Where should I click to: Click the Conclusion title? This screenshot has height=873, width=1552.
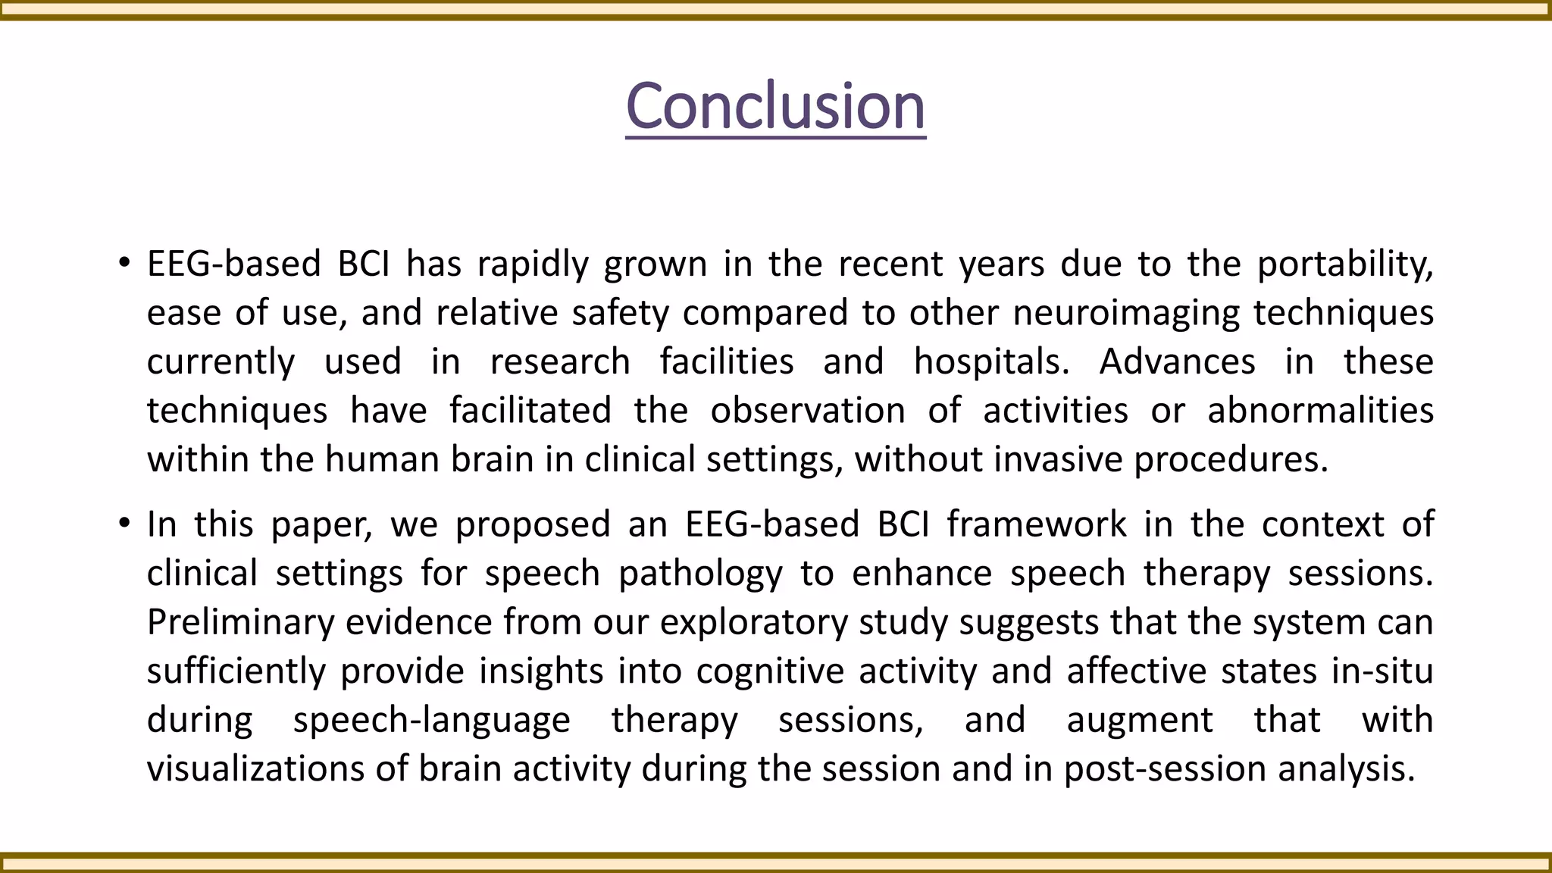pos(775,106)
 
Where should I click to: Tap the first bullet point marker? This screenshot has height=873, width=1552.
pos(124,264)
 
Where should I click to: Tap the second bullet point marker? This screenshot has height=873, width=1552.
pos(124,525)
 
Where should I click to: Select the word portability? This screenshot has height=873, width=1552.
pos(1345,264)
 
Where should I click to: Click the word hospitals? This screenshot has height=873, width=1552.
pos(991,361)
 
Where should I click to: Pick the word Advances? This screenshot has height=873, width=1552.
pos(1177,361)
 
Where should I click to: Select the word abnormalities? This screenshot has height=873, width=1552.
pos(1320,411)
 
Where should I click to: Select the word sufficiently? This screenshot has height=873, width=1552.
pos(236,671)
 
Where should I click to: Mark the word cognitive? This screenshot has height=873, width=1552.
pos(770,671)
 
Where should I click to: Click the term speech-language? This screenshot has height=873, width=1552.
pos(431,720)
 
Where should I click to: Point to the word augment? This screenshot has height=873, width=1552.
pos(1140,720)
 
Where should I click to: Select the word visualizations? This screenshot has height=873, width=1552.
pos(255,768)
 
